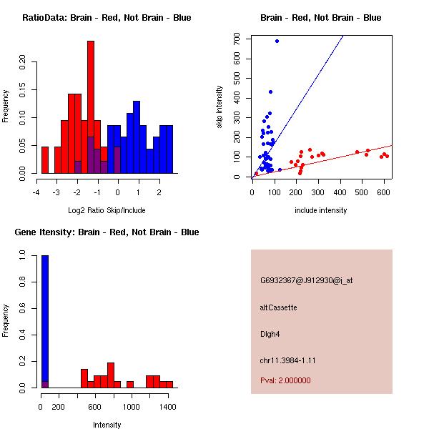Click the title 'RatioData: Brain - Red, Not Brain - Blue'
coord(107,18)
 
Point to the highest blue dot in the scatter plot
coord(277,41)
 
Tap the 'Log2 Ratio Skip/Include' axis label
coord(107,210)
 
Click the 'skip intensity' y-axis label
coord(220,107)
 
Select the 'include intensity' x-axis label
coord(321,210)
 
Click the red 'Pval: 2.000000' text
coord(285,380)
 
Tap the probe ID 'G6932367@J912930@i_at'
coord(306,280)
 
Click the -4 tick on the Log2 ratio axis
coord(37,192)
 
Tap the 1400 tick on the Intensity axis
coord(168,406)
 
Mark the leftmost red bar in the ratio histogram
coord(45,159)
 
